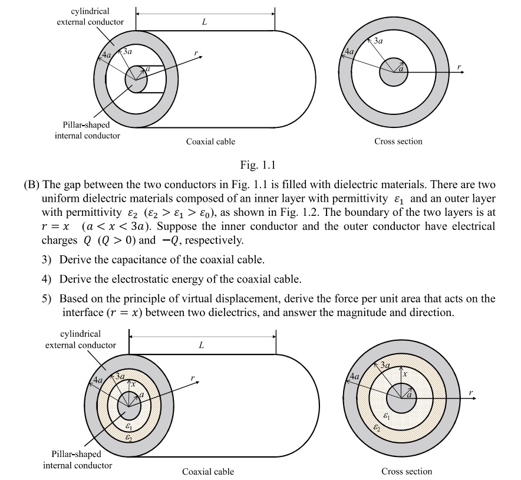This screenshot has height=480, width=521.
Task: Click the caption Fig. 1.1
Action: point(258,163)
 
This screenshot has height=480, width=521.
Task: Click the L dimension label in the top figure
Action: point(204,21)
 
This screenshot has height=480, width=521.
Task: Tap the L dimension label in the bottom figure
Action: point(201,345)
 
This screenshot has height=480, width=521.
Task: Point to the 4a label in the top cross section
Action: point(349,51)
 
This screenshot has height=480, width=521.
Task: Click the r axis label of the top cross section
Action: point(459,66)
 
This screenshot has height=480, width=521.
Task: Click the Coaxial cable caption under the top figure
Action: point(210,142)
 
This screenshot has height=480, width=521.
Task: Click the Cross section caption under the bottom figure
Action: point(406,471)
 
